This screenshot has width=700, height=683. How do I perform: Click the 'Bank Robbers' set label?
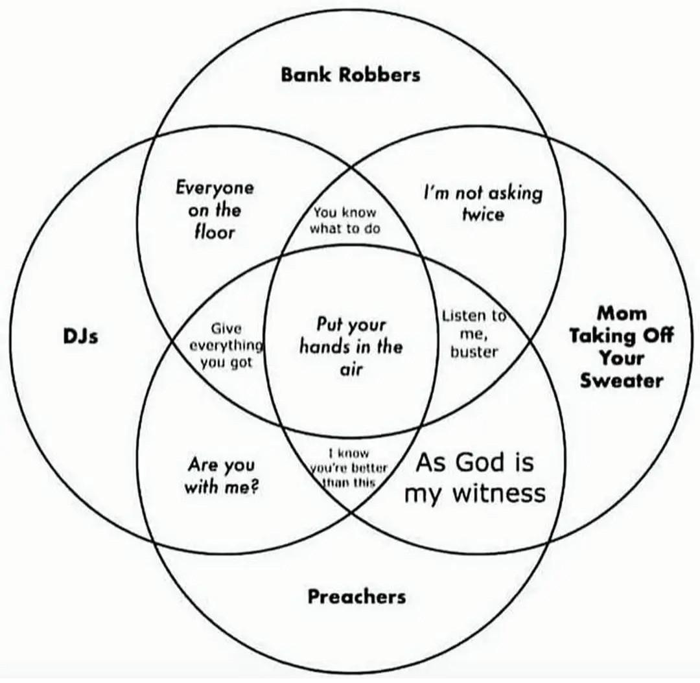[350, 75]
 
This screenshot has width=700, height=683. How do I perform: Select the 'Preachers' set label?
[356, 596]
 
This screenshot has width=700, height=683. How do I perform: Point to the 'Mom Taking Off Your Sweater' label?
[622, 347]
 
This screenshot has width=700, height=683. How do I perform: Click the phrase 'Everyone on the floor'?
[215, 209]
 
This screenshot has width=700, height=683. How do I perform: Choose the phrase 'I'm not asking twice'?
[483, 203]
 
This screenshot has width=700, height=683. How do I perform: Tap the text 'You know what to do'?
[345, 220]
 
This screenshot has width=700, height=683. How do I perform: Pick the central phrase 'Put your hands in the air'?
[351, 347]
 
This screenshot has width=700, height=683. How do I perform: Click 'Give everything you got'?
[226, 346]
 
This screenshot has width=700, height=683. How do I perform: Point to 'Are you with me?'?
[222, 475]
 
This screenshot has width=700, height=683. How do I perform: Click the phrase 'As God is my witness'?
[474, 478]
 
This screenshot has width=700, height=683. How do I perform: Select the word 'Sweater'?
[622, 380]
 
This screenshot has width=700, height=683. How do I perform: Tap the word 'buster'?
[474, 352]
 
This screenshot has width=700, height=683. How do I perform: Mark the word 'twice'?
[483, 214]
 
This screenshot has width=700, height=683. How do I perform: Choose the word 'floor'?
[215, 231]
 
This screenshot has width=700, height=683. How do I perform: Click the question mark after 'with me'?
[255, 487]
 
